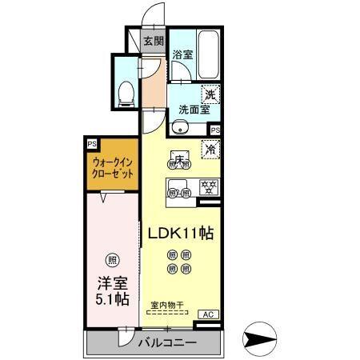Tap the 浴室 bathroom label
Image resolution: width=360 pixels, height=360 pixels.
(x=182, y=54)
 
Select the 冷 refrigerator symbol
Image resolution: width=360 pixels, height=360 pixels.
(x=211, y=149)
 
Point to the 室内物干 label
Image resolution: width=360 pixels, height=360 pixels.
(x=167, y=304)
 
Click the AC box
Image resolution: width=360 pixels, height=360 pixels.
(x=207, y=314)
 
